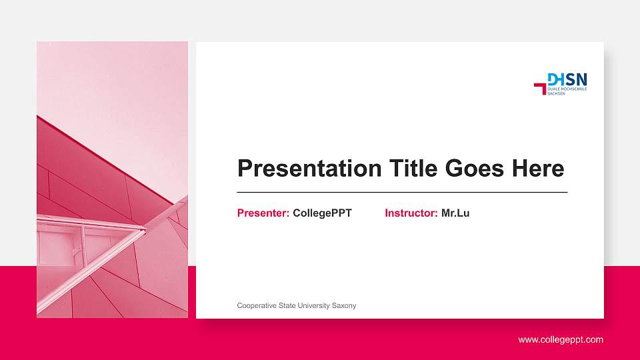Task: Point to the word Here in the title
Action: coord(538,169)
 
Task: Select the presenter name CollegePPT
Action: coord(322,213)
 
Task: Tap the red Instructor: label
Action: coord(411,213)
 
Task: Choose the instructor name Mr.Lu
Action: coord(455,213)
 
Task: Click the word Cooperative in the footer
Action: coord(257,305)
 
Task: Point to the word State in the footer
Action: coord(288,305)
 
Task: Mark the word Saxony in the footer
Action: coord(345,305)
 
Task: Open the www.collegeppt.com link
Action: coord(561,340)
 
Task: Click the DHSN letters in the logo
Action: coord(567,79)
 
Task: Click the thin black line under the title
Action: coord(402,192)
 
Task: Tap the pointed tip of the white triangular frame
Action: coord(145,230)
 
